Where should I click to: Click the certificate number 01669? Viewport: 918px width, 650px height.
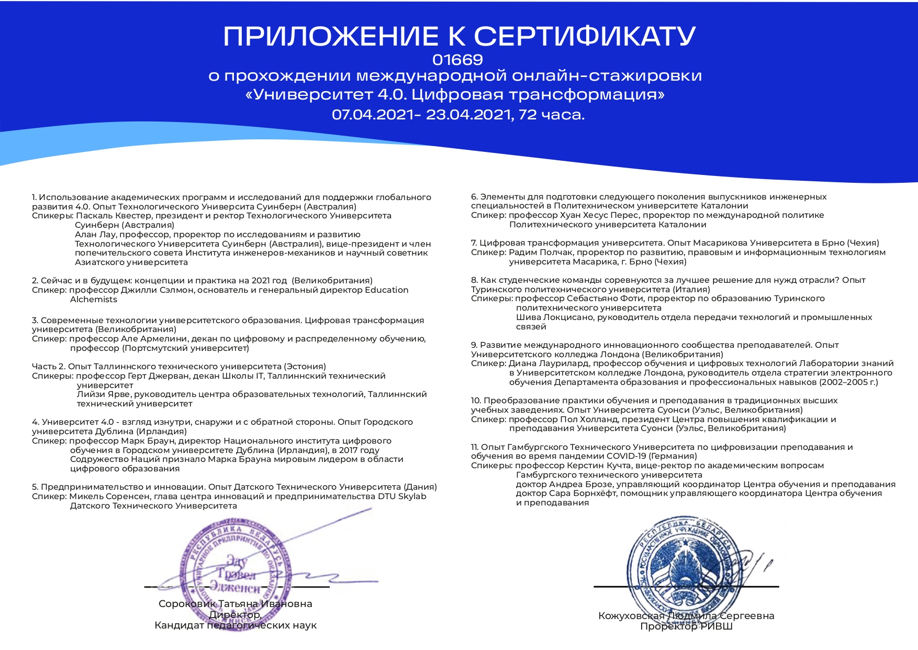pos(458,59)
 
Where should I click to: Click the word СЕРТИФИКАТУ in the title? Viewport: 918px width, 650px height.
pos(585,36)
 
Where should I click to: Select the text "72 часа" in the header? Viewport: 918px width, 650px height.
pos(551,114)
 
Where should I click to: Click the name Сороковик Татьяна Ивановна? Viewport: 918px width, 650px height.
pos(235,604)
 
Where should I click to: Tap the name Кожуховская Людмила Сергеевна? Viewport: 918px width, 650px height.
pos(686,616)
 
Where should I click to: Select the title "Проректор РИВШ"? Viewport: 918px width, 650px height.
pos(686,626)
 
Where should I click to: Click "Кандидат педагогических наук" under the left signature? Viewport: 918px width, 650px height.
pos(235,625)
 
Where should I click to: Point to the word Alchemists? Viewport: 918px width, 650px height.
pos(94,300)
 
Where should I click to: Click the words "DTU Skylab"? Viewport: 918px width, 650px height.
pos(402,496)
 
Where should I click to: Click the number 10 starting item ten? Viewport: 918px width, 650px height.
pos(475,401)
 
